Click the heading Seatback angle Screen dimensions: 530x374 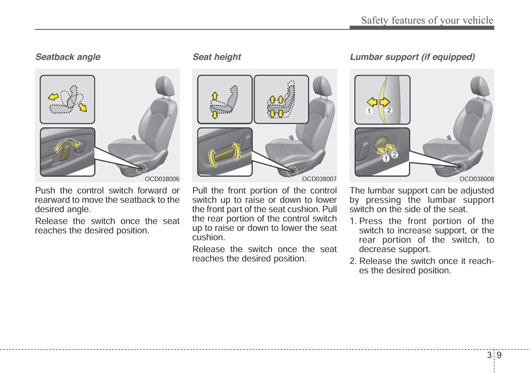[67, 57]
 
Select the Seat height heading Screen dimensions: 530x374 [217, 57]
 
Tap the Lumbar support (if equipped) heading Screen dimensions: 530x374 [412, 57]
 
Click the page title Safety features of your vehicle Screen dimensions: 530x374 [427, 20]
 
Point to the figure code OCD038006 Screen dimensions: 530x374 [162, 179]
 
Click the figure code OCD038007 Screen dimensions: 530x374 [319, 179]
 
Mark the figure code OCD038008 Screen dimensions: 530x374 [476, 179]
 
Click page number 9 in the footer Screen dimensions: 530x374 [499, 355]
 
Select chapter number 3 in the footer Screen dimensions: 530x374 [489, 355]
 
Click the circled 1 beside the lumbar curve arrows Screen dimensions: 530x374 [369, 111]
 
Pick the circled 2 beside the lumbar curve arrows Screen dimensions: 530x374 [389, 110]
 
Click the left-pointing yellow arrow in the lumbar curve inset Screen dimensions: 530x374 [372, 102]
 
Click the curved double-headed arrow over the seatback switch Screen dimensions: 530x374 [67, 142]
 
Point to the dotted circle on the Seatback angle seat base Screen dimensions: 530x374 [141, 168]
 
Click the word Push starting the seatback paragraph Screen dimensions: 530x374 [45, 190]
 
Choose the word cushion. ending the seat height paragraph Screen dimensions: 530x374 [209, 237]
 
